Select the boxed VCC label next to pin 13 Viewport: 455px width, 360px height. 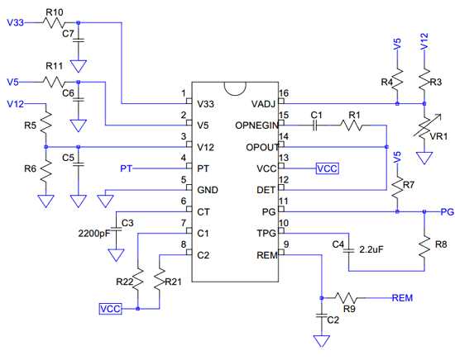coord(326,168)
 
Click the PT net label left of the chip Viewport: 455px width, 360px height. coord(126,168)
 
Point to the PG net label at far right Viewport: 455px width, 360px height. coord(447,212)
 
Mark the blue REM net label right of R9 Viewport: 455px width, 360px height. coord(402,296)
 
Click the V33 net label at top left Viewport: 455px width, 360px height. coord(16,21)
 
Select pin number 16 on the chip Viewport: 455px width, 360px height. coord(284,93)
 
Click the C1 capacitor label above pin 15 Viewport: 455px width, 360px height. coord(315,115)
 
